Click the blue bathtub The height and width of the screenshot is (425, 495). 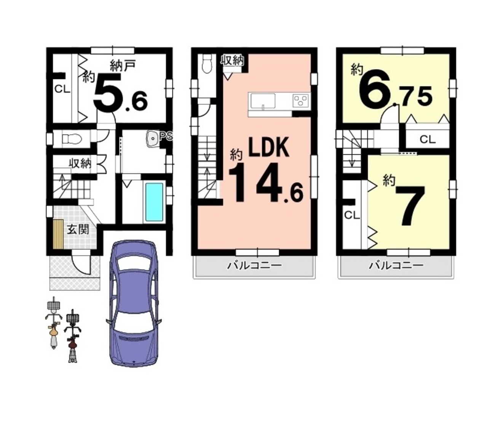point(155,202)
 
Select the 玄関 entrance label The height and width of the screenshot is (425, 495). point(78,229)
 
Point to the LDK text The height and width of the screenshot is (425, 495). point(269,147)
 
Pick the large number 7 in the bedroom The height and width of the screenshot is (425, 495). point(410,206)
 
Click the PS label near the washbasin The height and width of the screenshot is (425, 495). point(166,136)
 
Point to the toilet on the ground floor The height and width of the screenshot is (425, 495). point(72,138)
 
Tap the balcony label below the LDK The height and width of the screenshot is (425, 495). point(254,265)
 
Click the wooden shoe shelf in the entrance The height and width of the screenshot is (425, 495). point(58,234)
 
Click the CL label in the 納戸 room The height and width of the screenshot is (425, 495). point(62,90)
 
